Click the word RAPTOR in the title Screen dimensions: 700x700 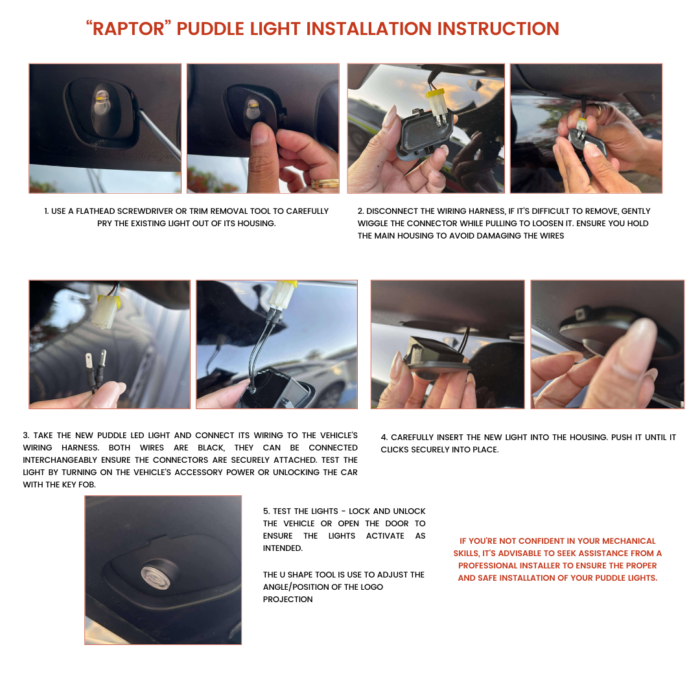pyautogui.click(x=128, y=29)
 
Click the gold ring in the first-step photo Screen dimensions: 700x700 pyautogui.click(x=325, y=183)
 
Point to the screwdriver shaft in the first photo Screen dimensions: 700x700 pyautogui.click(x=159, y=134)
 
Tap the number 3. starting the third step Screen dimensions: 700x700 pyautogui.click(x=26, y=436)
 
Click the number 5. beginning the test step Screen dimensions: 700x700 pyautogui.click(x=266, y=511)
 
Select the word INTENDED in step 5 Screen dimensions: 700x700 pyautogui.click(x=282, y=548)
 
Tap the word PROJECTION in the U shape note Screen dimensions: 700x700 pyautogui.click(x=288, y=600)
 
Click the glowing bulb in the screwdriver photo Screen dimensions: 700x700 pyautogui.click(x=101, y=102)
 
